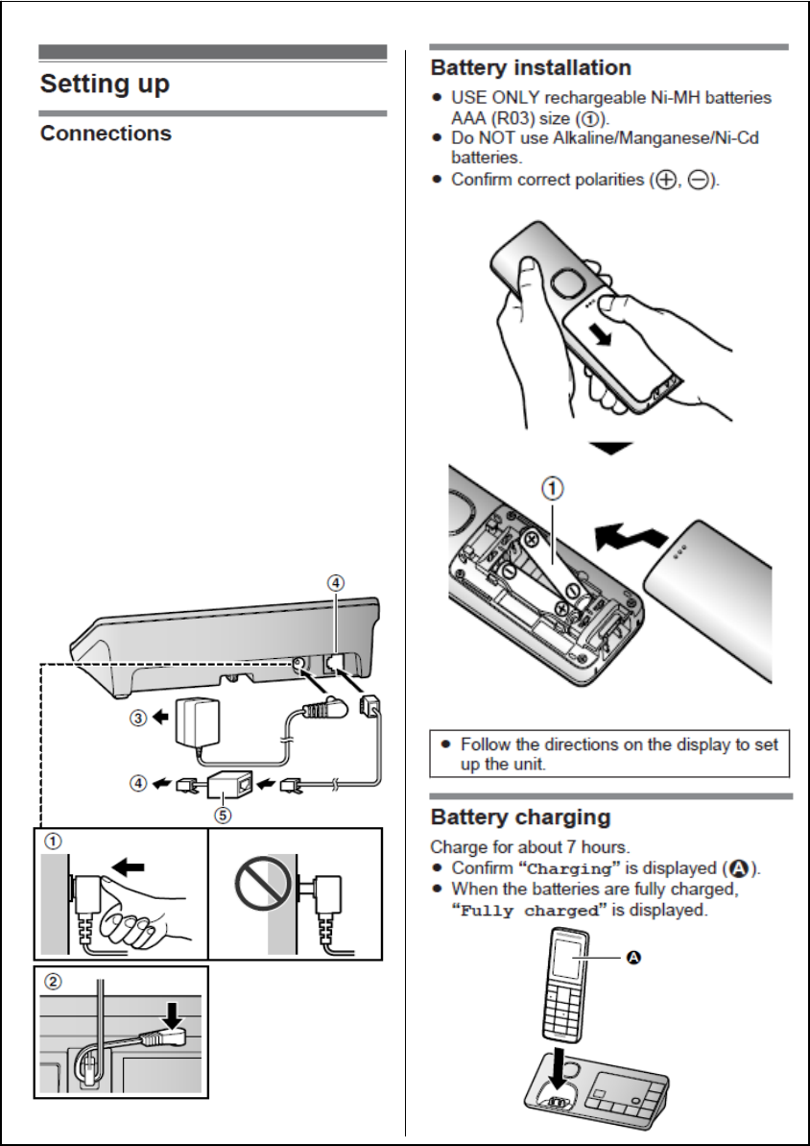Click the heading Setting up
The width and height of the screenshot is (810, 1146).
click(x=105, y=84)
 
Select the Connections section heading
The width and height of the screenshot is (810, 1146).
click(x=106, y=133)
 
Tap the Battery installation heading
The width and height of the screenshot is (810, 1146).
click(x=531, y=68)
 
